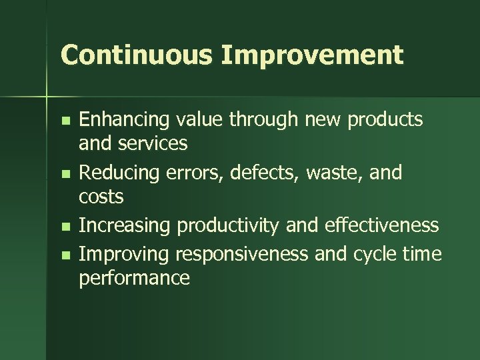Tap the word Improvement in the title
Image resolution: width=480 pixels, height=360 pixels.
pyautogui.click(x=313, y=55)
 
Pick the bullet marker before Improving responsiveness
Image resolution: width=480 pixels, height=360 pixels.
pyautogui.click(x=64, y=255)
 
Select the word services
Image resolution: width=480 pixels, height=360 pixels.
pyautogui.click(x=153, y=143)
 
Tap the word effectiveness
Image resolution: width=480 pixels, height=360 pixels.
pyautogui.click(x=382, y=225)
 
